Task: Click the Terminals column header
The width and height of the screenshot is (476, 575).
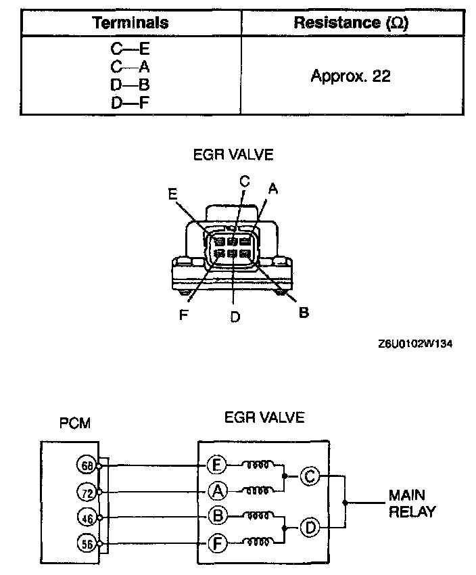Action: point(130,22)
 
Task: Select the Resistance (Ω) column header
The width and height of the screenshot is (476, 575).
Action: point(350,22)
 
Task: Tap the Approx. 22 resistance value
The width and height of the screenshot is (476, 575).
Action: point(350,75)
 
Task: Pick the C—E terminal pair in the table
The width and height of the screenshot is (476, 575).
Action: point(130,49)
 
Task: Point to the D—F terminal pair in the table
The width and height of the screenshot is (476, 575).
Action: point(130,103)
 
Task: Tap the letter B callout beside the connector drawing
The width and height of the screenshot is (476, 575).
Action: point(304,313)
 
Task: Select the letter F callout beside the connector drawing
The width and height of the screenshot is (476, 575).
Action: point(183,315)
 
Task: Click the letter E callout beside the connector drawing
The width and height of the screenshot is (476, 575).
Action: point(173,194)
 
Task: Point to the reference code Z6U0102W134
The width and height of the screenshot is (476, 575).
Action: point(415,344)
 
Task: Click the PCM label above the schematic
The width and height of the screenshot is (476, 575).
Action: point(75,423)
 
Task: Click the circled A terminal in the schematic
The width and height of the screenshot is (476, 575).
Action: point(216,491)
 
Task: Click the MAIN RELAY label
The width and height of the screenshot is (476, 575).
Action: point(412,503)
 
